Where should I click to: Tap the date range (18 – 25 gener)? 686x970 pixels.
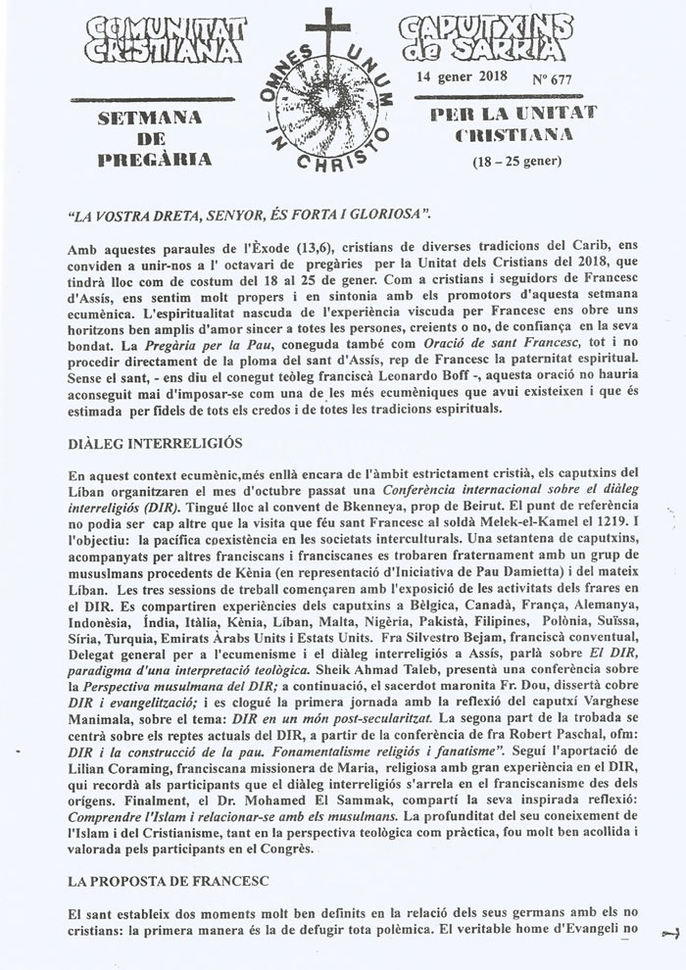point(510,160)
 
